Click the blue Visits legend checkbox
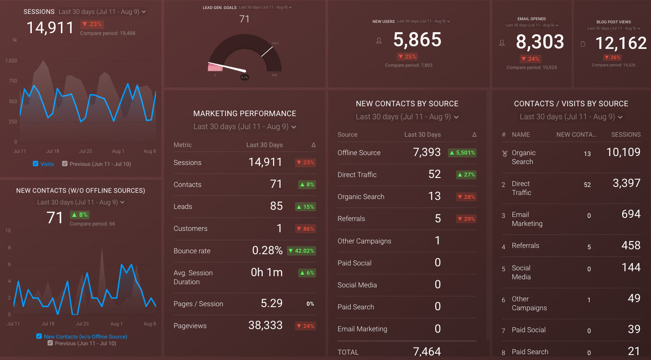36,164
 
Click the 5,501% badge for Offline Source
462,153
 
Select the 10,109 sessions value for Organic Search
623,152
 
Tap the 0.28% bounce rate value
267,251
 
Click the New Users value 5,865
417,40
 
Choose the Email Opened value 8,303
540,42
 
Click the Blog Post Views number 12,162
621,43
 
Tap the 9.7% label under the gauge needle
244,77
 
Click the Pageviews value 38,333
265,325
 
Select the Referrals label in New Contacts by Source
351,219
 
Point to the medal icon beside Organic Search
504,154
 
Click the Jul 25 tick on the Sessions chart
85,152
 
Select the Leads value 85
276,206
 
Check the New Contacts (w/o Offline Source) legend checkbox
39,336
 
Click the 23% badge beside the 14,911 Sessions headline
92,24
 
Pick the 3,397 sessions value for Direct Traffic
626,183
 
